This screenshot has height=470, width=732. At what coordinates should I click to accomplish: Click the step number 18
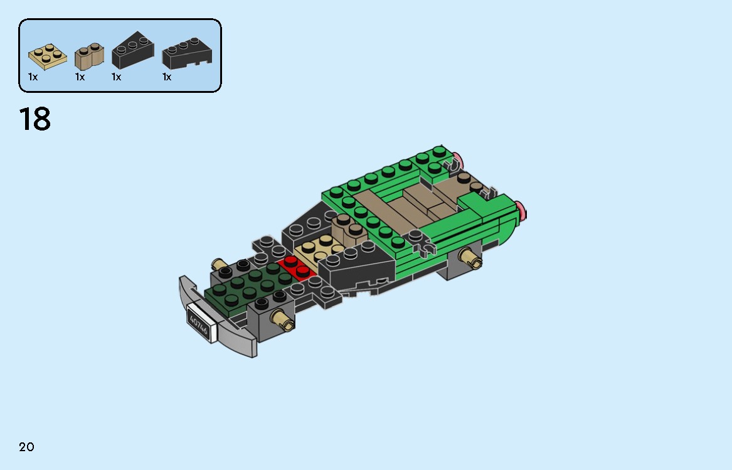[x=35, y=119]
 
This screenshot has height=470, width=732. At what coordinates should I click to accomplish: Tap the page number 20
[x=26, y=447]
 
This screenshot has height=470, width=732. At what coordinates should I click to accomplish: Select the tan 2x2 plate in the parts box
[x=48, y=57]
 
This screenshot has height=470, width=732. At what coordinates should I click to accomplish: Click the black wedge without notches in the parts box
[x=132, y=51]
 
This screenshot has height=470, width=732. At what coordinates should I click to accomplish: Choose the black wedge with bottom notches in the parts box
[x=186, y=55]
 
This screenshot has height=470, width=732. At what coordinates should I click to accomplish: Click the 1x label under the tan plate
[x=33, y=77]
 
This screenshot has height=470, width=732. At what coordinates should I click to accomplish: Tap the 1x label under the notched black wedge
[x=167, y=77]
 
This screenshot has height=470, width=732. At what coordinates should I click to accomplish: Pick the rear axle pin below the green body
[x=470, y=257]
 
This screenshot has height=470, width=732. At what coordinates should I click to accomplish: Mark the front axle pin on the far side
[x=220, y=264]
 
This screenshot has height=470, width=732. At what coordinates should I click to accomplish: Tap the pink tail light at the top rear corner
[x=459, y=159]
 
